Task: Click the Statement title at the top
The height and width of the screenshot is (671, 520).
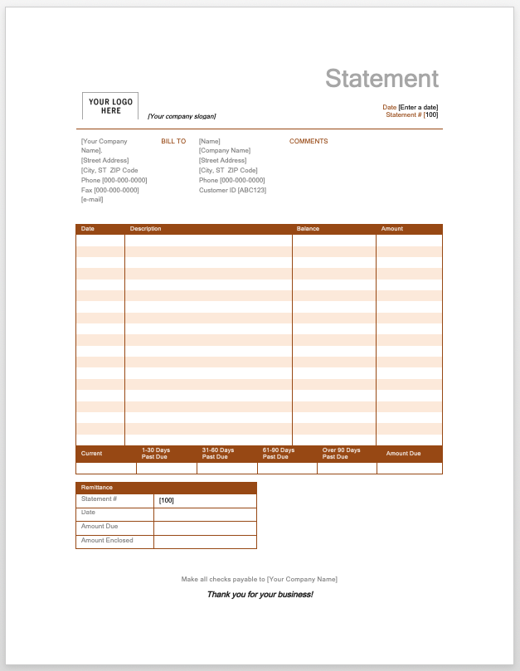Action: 381,79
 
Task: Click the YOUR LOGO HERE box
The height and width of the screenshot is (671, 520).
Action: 110,106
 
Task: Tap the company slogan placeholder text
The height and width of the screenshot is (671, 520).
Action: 182,117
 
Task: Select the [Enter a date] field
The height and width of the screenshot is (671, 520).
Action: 418,107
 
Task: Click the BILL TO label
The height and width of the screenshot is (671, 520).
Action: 173,142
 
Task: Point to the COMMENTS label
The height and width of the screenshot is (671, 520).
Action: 309,142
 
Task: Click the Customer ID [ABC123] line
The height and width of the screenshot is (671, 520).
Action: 232,190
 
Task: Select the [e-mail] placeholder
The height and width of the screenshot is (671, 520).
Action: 92,200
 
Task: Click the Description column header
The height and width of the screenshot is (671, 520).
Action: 145,229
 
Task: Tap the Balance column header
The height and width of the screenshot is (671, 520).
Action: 308,229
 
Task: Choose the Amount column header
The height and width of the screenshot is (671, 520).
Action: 391,229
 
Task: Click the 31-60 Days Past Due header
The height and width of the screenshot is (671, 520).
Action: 218,454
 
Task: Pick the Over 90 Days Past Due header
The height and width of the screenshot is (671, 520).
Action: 341,454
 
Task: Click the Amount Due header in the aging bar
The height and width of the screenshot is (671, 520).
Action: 403,454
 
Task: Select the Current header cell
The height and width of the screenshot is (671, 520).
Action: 91,454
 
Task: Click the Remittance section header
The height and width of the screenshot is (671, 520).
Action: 96,487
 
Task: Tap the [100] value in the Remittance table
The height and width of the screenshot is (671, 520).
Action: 166,500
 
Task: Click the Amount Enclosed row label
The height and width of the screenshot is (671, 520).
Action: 107,541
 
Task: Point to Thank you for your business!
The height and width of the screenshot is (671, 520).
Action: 260,595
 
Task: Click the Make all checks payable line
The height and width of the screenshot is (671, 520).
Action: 260,579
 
